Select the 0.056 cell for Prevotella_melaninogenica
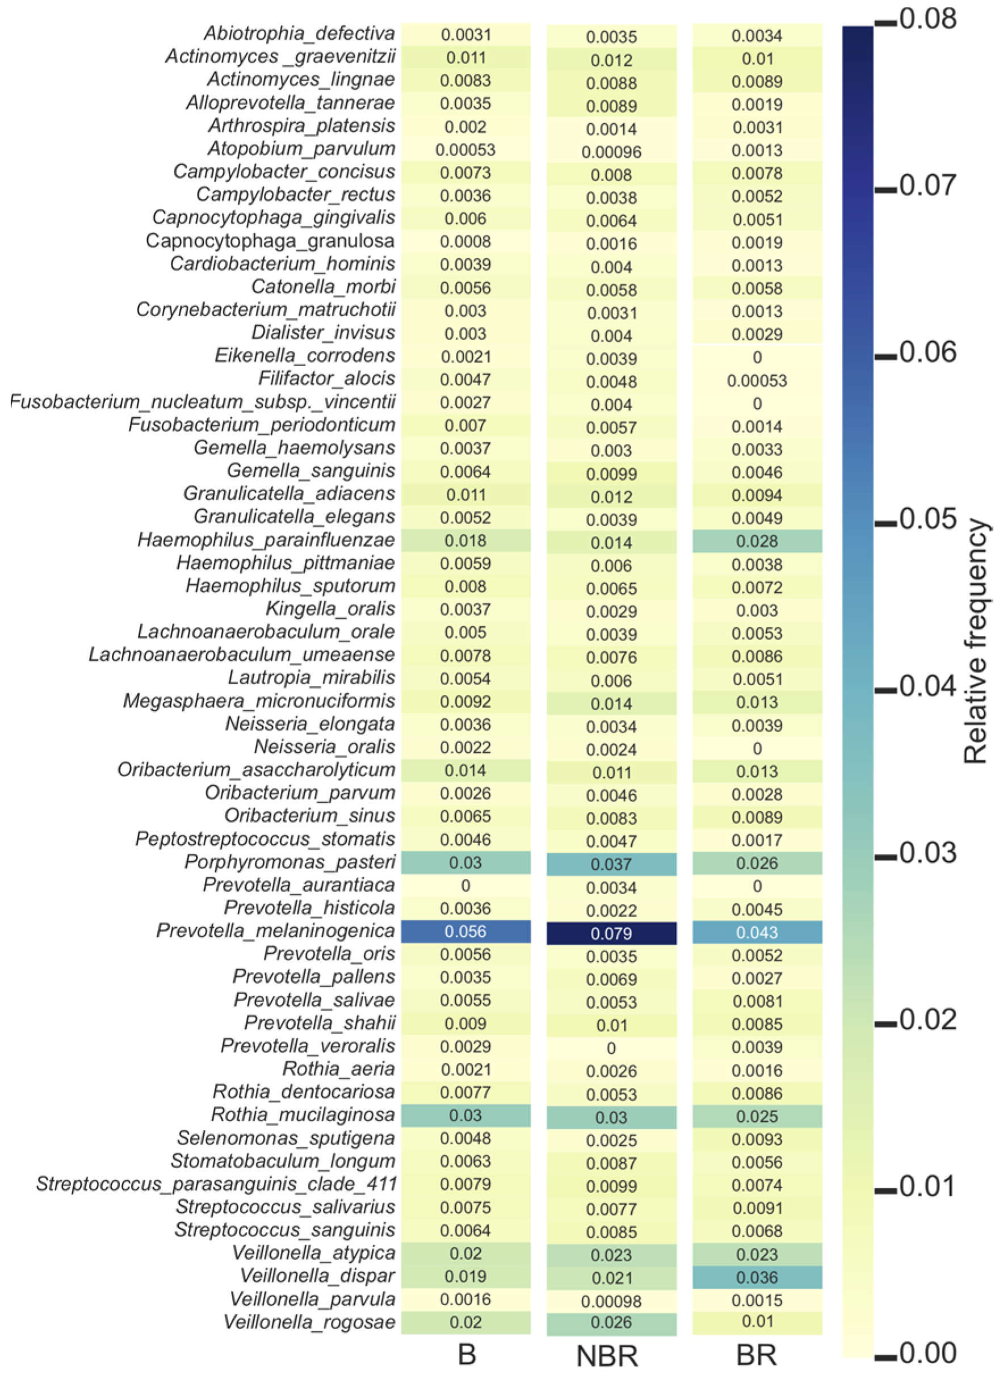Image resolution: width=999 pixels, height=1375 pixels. coord(465,932)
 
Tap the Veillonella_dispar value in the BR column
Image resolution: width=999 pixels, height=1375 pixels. coord(757,1277)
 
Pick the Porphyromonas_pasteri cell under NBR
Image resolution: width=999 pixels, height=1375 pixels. coord(611,865)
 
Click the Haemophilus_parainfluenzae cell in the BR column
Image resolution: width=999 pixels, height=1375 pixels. coord(757,541)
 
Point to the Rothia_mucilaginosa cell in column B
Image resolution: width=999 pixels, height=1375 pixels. coord(465,1116)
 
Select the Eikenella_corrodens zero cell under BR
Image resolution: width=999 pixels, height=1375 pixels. coord(757,357)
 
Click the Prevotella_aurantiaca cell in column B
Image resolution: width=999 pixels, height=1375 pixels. coord(465,886)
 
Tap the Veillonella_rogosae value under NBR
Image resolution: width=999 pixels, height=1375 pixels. coord(611,1323)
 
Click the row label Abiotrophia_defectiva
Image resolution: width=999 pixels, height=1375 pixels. coord(300,33)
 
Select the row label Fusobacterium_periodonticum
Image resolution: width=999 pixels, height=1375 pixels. coord(262,425)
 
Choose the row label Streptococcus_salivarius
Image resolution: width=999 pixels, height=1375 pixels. coord(286,1207)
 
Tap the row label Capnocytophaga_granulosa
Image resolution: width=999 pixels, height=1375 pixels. coord(270,241)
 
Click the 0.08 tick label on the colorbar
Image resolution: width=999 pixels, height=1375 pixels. coord(928,19)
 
